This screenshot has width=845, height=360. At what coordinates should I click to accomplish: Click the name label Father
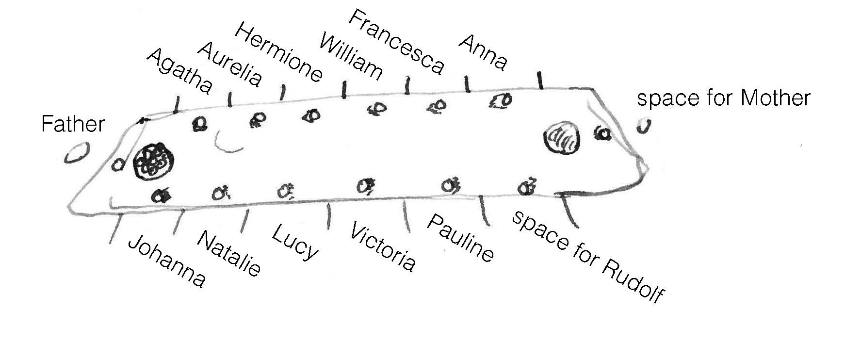point(73,124)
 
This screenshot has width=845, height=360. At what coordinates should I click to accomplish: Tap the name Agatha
point(179,71)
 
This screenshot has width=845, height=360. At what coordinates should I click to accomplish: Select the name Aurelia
point(230,64)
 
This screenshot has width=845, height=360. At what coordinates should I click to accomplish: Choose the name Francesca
point(396,43)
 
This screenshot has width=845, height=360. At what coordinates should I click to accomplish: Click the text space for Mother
point(723,98)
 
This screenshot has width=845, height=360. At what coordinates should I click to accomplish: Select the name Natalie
point(229,253)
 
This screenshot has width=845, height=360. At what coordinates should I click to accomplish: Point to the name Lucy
point(295,242)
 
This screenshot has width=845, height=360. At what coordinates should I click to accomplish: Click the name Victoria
point(382,246)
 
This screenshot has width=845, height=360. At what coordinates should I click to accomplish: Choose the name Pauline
point(460,238)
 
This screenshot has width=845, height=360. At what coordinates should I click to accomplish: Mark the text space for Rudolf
point(587,256)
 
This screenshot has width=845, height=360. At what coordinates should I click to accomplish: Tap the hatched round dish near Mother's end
point(562,139)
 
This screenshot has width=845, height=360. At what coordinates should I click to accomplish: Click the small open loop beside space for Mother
point(644,126)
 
